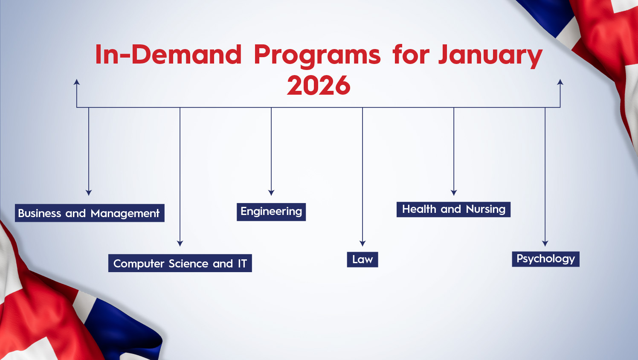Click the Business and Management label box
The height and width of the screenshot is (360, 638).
[x=90, y=213]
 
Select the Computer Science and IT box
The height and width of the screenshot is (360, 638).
[x=180, y=263]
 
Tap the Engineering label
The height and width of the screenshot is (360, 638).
[x=271, y=212]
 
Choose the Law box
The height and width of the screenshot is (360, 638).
[x=362, y=259]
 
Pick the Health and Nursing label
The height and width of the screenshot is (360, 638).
[x=453, y=209]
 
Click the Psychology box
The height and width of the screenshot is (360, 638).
[x=546, y=259]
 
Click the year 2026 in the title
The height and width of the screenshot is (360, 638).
[x=319, y=85]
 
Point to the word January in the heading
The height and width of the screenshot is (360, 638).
[x=490, y=55]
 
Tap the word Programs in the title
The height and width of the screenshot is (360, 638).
[x=317, y=55]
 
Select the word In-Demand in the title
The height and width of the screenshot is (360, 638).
[x=168, y=54]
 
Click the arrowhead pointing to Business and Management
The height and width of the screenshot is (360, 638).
[x=89, y=192]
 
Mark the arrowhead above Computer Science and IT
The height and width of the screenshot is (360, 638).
[x=180, y=243]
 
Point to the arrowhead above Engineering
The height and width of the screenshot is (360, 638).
[x=271, y=192]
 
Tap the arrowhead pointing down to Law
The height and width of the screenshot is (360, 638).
[x=362, y=243]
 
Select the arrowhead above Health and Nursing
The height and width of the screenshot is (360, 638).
[x=454, y=192]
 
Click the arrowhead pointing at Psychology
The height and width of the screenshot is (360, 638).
[x=545, y=243]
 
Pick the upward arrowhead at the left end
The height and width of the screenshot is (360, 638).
[x=77, y=82]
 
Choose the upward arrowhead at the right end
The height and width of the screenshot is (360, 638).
[x=560, y=82]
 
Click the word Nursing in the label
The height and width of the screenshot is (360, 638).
[x=486, y=209]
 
